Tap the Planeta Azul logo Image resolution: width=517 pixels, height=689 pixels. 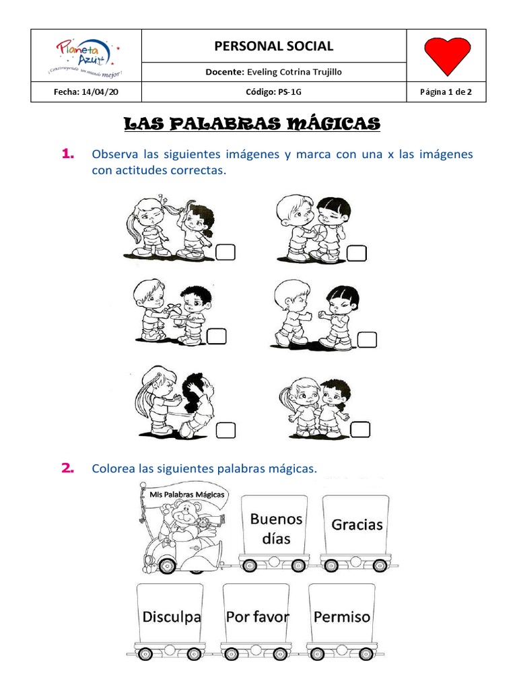pos(87,57)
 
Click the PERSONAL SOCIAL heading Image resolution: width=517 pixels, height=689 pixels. pos(273,46)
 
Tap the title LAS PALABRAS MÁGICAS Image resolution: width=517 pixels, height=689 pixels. pos(252,124)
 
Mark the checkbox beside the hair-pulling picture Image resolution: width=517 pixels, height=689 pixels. pos(227,252)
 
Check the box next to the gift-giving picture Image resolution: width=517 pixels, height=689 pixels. pos(217,334)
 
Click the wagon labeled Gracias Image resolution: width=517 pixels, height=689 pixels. pos(357,525)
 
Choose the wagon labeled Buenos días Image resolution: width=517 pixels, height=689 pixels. pos(276,528)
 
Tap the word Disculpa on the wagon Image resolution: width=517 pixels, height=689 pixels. pos(172,616)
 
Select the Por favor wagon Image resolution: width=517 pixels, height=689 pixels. pos(257,616)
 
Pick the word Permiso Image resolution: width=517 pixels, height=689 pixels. pos(342,616)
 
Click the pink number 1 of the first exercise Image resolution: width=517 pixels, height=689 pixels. pos(67,155)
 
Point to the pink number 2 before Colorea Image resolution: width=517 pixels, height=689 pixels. pos(67,468)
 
